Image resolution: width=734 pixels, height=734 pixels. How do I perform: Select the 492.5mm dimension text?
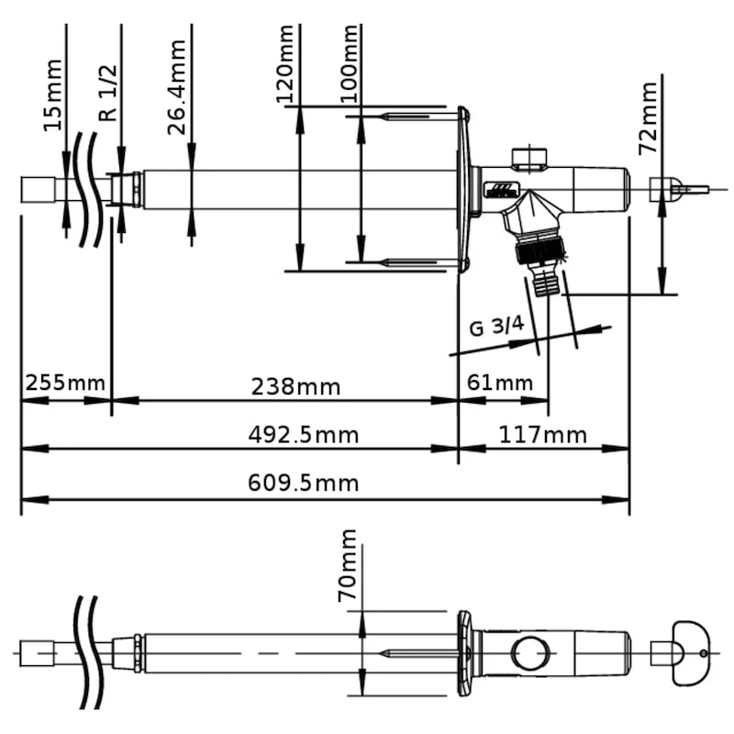click(x=303, y=434)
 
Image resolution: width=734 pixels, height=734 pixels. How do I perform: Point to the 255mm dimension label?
click(x=65, y=382)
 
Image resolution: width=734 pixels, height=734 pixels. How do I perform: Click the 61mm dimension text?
click(x=500, y=382)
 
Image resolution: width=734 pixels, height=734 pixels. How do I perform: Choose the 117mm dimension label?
click(x=544, y=433)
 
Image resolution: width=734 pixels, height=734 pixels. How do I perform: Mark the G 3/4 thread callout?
click(x=497, y=327)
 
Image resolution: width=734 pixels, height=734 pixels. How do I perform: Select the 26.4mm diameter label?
click(x=177, y=81)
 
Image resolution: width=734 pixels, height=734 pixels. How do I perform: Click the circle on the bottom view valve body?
click(x=530, y=654)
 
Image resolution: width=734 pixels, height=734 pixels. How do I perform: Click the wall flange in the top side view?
click(x=465, y=189)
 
